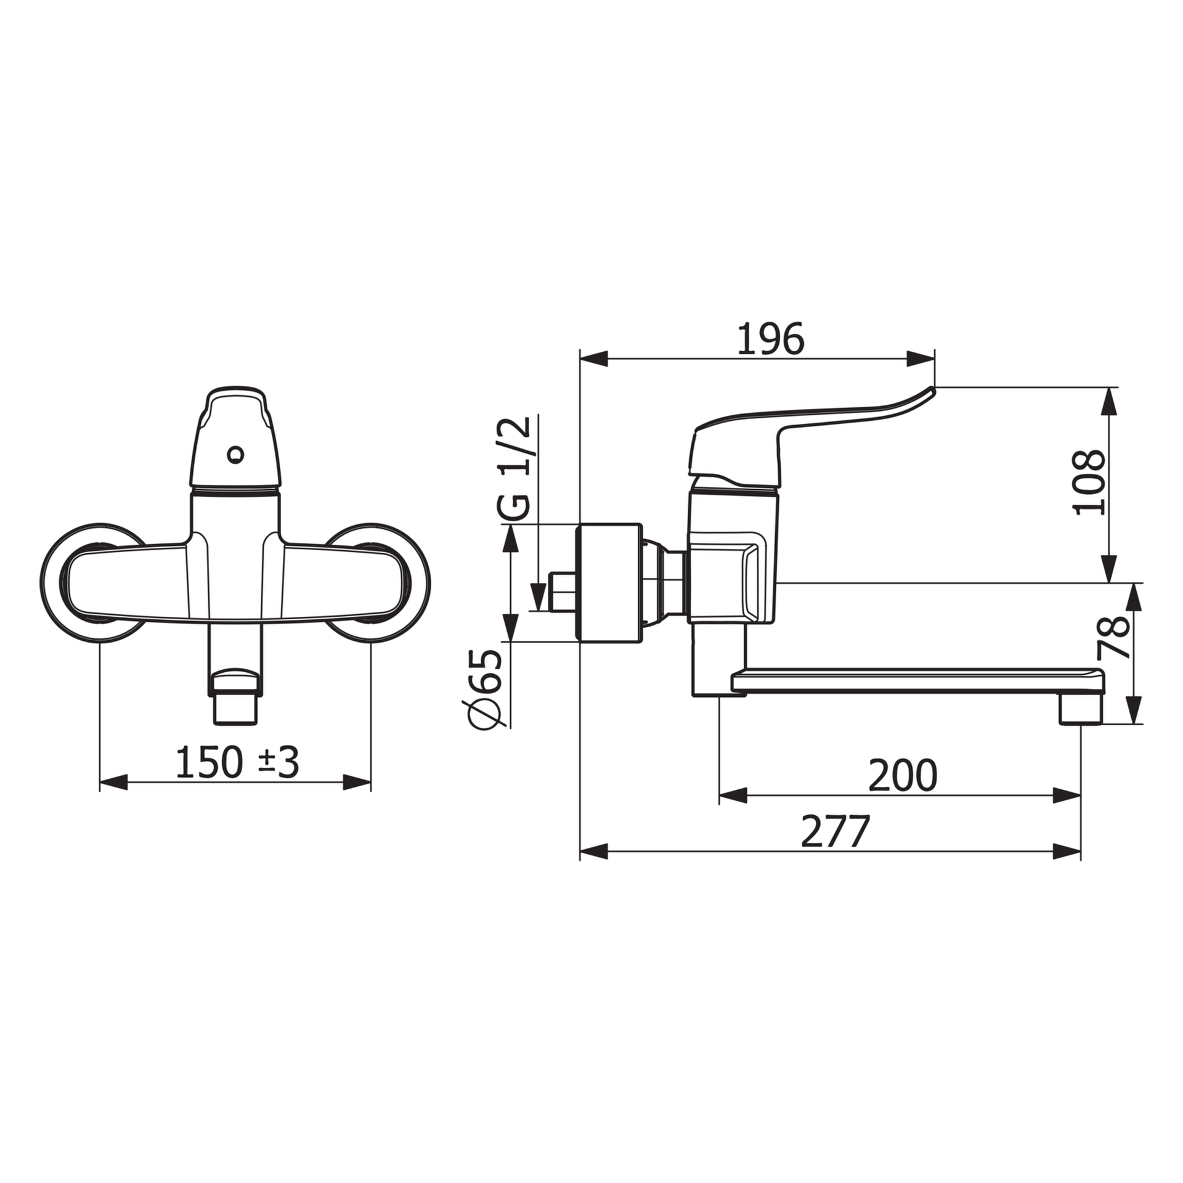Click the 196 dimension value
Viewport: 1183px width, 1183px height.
tap(771, 338)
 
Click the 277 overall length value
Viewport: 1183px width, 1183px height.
tap(835, 831)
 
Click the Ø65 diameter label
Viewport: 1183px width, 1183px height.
tap(486, 688)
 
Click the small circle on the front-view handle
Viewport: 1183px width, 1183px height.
tap(235, 455)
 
